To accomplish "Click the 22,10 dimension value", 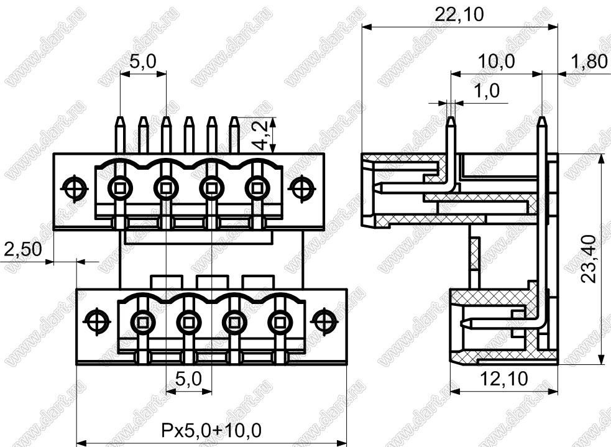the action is [x=459, y=15].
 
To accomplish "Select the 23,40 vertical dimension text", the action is [x=589, y=259].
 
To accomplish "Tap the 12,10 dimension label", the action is [x=504, y=379].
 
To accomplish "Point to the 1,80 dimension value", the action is [x=589, y=62].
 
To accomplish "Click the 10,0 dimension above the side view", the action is [x=496, y=62].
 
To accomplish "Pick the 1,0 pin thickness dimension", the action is [x=486, y=91].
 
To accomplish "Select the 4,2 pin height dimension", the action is [x=260, y=135].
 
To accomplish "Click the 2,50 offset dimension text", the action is [x=22, y=249].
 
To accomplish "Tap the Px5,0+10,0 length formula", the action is [x=211, y=430].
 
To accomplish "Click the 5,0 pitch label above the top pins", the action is [x=143, y=62].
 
